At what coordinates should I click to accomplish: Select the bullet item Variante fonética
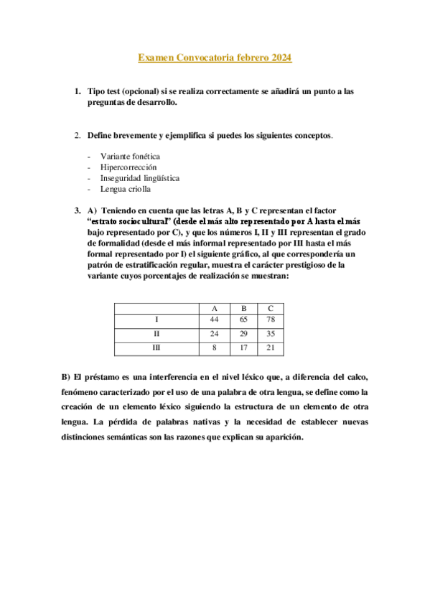click(x=130, y=156)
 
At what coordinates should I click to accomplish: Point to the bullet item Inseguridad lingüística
click(x=140, y=178)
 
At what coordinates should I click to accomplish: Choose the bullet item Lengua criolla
click(x=126, y=189)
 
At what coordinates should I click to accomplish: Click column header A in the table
click(x=214, y=307)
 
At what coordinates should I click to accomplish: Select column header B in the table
click(x=243, y=307)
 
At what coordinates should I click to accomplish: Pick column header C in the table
click(x=270, y=307)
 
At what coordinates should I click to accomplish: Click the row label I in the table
click(x=156, y=320)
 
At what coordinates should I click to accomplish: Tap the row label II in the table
click(x=156, y=334)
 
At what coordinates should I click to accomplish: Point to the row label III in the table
click(x=156, y=348)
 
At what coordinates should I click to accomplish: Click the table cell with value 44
click(x=214, y=320)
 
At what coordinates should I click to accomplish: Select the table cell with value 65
click(x=243, y=320)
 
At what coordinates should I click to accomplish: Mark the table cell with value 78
click(x=270, y=320)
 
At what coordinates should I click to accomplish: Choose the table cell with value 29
click(x=243, y=334)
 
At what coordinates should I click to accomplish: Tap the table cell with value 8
click(x=214, y=348)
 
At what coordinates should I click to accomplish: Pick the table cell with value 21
click(x=270, y=348)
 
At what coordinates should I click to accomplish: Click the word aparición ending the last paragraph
click(x=284, y=437)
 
